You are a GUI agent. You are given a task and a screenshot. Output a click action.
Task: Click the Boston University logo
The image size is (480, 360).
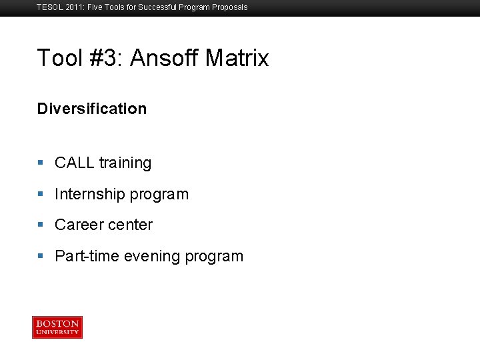point(57,327)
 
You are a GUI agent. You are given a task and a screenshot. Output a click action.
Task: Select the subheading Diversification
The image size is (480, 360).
point(92,109)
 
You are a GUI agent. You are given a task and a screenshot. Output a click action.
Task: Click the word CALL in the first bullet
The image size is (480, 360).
point(75,163)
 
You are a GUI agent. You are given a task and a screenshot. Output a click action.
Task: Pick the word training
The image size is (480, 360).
point(125,163)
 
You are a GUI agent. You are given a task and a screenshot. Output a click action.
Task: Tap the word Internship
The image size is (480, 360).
point(90,195)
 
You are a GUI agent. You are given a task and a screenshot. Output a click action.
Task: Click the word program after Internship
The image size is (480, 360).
point(159,195)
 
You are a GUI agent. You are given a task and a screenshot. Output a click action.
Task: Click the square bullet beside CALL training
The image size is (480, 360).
point(41,163)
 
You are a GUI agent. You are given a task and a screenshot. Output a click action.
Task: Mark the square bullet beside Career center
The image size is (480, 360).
point(41,225)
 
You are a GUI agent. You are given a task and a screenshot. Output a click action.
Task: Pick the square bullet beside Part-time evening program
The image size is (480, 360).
point(41,256)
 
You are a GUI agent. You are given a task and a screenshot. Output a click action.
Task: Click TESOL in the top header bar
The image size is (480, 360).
point(48,7)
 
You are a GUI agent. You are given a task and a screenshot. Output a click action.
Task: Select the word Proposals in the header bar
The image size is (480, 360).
point(229,7)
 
